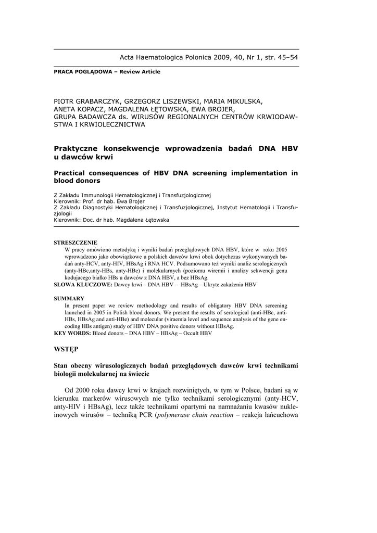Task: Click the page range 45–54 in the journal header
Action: click(286, 57)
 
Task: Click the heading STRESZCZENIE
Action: click(76, 243)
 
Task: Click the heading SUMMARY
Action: click(69, 298)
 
